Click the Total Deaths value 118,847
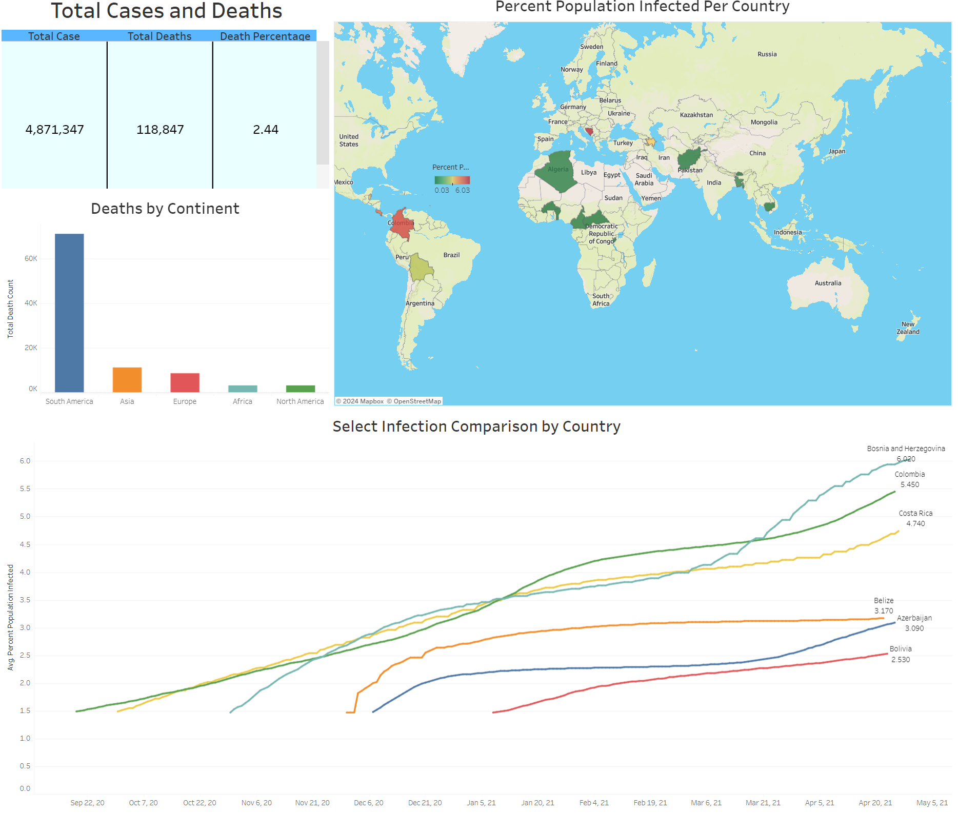(x=160, y=130)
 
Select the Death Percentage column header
(x=265, y=36)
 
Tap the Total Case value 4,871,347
(x=55, y=130)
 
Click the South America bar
(x=69, y=313)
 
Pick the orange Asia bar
(x=127, y=380)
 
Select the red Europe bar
(x=185, y=382)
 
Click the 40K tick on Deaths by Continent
(x=31, y=303)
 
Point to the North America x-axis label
(x=300, y=401)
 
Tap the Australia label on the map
(x=828, y=283)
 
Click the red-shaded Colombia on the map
(x=401, y=225)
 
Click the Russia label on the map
(x=767, y=54)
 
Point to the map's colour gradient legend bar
(x=452, y=180)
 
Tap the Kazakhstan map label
(x=696, y=115)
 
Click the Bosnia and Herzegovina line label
(x=906, y=449)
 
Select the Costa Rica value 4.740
(x=915, y=523)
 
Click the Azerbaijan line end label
(x=914, y=618)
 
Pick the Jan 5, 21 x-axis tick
(x=481, y=803)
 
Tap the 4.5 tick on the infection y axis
(x=25, y=544)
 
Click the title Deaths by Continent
(x=165, y=209)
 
